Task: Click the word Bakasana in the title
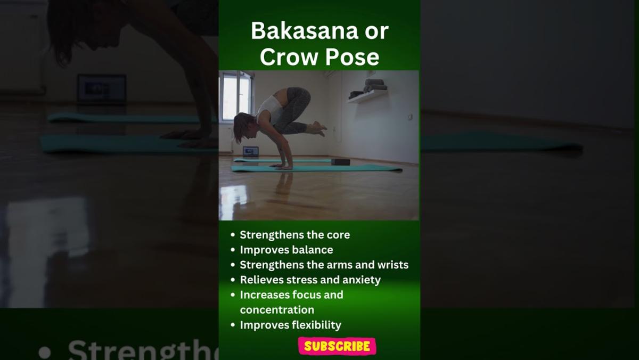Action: [x=305, y=31]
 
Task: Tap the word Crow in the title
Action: [x=289, y=57]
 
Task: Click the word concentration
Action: [x=277, y=310]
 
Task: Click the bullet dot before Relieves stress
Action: [x=233, y=280]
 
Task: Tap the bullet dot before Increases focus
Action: [x=233, y=294]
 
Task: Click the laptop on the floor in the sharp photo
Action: [x=250, y=151]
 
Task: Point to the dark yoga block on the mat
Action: [x=341, y=162]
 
